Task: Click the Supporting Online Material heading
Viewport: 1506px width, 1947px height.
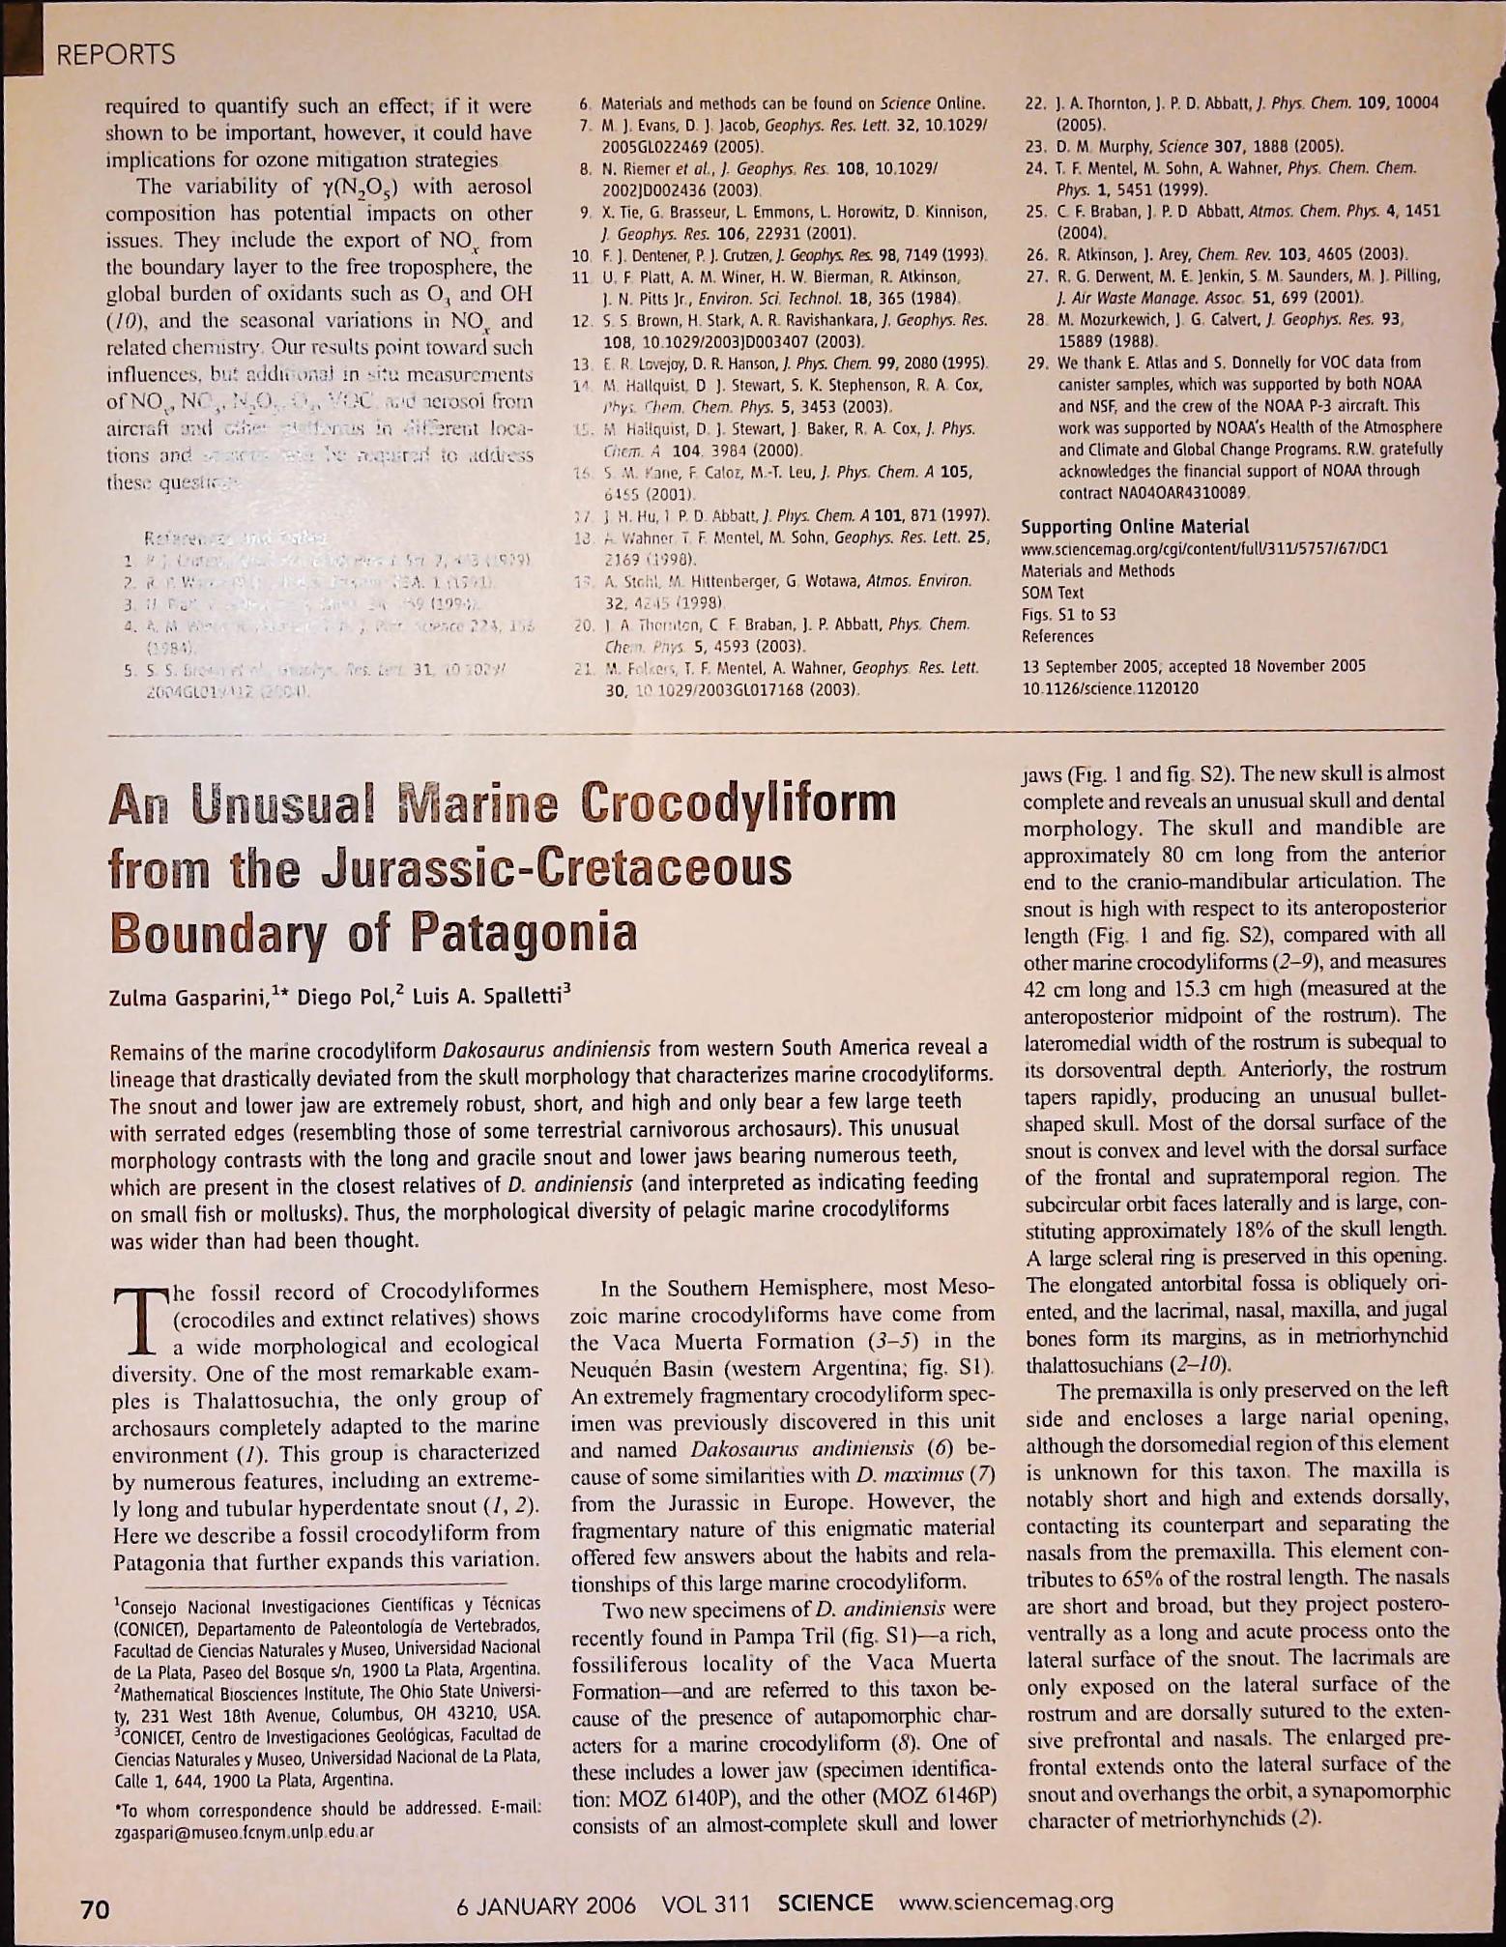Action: (1135, 527)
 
